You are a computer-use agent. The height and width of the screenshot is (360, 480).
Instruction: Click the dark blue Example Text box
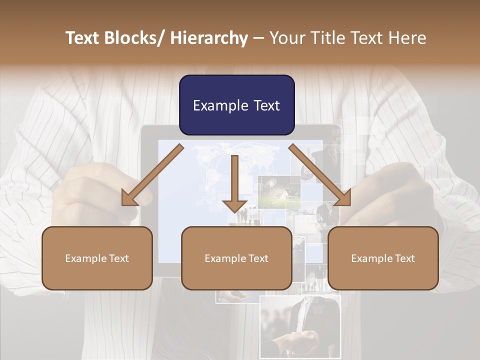point(236,105)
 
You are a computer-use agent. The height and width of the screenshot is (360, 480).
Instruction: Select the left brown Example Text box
point(97,258)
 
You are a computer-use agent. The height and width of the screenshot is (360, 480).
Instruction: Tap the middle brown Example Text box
point(236,258)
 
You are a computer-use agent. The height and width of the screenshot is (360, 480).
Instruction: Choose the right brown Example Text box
point(383,258)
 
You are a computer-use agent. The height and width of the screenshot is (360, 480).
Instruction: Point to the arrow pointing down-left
point(152,175)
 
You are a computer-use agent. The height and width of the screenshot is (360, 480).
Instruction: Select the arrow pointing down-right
point(320,175)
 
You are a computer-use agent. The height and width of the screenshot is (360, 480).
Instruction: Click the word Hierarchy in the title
point(209,38)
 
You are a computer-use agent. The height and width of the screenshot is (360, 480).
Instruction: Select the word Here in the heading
point(408,38)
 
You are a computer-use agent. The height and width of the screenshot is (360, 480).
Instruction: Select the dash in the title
point(258,38)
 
